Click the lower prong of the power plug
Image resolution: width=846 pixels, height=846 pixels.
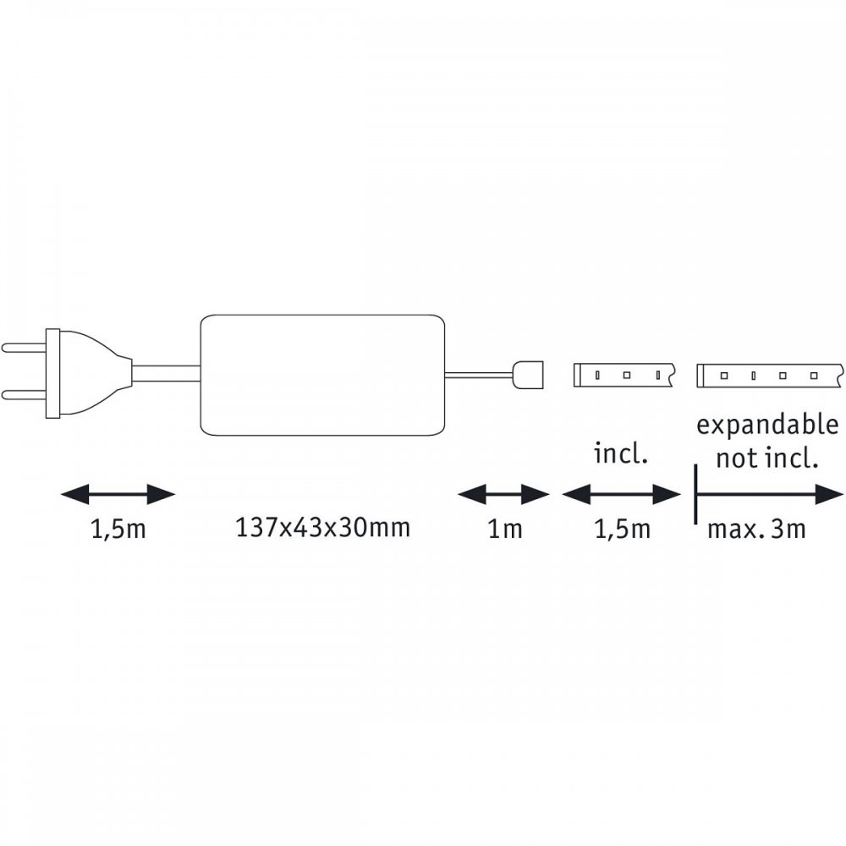25,395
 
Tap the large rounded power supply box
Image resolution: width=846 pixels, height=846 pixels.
322,375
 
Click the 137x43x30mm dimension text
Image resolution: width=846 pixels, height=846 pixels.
322,528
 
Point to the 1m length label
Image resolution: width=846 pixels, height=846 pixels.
505,530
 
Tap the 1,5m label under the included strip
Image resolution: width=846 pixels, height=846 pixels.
622,530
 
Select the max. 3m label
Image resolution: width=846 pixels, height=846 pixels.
756,530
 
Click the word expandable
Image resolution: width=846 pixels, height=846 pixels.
767,426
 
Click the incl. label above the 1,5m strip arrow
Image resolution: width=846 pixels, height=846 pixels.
620,453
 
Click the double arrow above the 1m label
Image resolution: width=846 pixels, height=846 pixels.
504,494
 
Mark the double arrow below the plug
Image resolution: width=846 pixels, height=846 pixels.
118,494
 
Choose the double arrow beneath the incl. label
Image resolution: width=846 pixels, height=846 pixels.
621,494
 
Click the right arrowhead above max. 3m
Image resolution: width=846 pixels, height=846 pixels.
829,494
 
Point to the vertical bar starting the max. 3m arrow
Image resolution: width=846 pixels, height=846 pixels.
695,494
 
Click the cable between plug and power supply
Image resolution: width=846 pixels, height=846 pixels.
166,373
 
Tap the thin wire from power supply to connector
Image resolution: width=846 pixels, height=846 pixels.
479,374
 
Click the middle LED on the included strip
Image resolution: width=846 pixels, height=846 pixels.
626,375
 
